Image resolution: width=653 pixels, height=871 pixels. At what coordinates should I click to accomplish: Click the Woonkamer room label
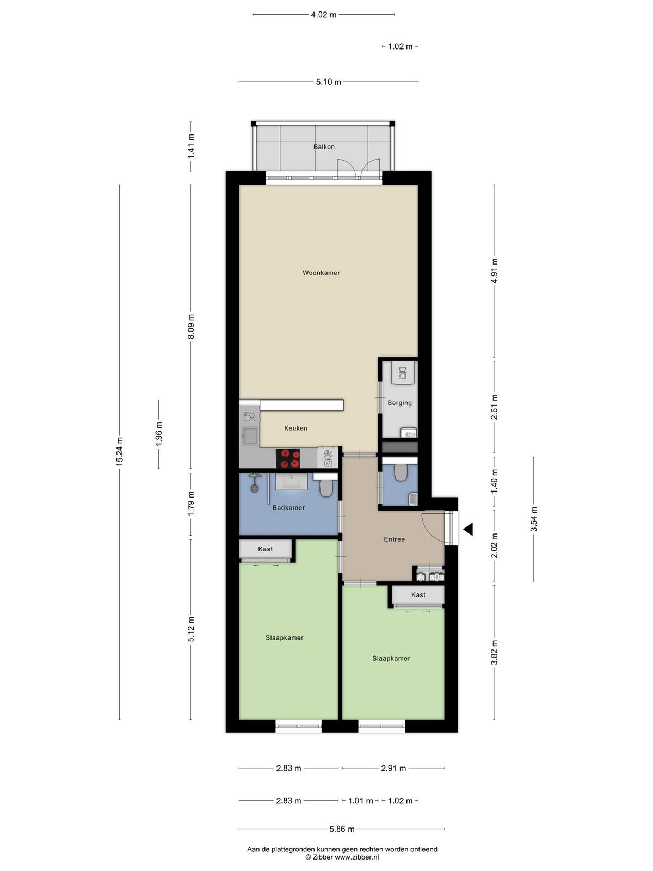click(321, 273)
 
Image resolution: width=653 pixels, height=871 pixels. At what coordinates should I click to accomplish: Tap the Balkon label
click(324, 147)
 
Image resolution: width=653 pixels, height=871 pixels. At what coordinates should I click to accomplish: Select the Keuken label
click(295, 428)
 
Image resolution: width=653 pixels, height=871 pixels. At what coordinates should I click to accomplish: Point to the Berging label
click(399, 403)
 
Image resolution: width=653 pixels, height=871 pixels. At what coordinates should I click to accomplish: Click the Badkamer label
click(288, 507)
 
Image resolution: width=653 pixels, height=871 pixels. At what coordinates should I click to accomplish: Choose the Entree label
click(394, 539)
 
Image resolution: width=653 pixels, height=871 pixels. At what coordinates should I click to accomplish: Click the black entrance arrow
click(468, 529)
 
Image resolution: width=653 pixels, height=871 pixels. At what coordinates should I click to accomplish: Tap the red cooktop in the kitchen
click(288, 458)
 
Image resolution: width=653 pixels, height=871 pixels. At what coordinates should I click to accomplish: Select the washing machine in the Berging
click(402, 373)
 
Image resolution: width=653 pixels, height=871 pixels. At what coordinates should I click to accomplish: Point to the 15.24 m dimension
click(120, 451)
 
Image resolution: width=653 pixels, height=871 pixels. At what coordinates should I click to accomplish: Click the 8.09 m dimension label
click(191, 327)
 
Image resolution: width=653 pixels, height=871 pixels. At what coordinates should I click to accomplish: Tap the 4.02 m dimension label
click(324, 15)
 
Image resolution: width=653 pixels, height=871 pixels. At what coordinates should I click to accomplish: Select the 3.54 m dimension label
click(534, 519)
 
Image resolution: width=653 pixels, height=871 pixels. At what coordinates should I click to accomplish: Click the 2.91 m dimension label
click(393, 768)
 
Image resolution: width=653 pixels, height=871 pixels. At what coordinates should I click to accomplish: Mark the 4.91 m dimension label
click(495, 271)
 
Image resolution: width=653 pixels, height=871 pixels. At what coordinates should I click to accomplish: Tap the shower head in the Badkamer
click(254, 488)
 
